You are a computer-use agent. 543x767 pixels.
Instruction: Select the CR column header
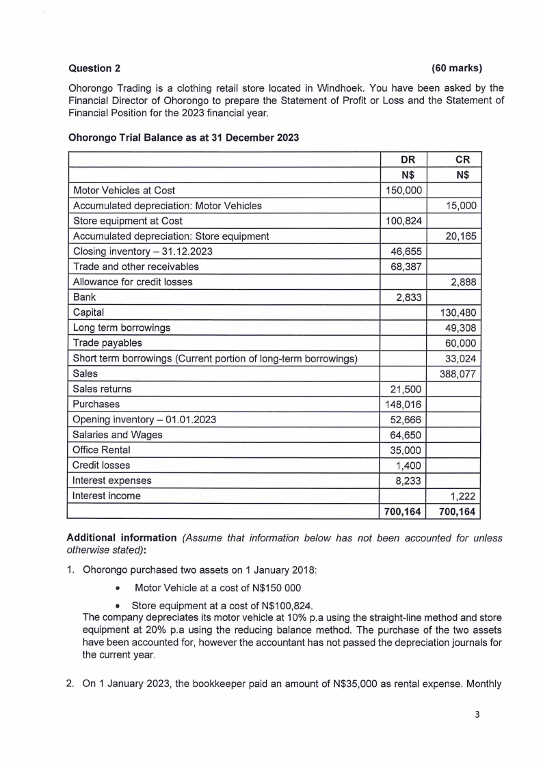pos(460,159)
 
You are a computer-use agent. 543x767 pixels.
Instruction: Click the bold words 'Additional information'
pos(124,538)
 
